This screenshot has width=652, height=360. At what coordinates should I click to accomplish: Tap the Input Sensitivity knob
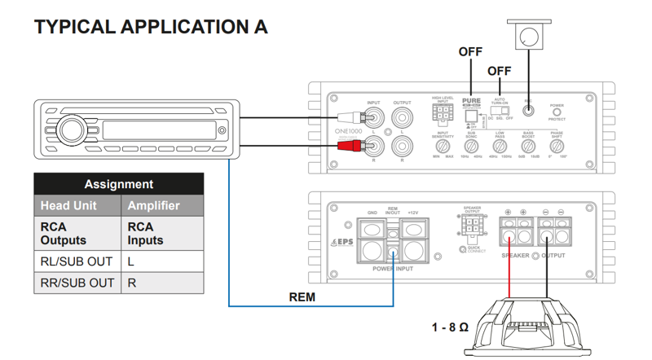click(x=443, y=147)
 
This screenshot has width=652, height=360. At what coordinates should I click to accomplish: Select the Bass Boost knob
click(x=529, y=147)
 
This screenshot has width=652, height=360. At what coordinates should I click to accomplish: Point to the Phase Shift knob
click(x=557, y=147)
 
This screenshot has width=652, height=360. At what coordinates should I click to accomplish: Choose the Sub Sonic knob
click(x=471, y=147)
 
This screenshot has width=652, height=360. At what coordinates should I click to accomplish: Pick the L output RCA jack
click(x=402, y=117)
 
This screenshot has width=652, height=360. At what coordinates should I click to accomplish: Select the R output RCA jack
click(x=402, y=147)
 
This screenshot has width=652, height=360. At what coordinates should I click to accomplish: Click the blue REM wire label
click(x=302, y=298)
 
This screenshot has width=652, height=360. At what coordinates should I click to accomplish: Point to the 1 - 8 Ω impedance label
click(x=450, y=327)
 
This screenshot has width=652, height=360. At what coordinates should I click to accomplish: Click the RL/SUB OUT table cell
click(x=77, y=261)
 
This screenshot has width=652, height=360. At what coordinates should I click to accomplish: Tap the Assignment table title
click(x=118, y=184)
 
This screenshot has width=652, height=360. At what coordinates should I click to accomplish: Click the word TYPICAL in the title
click(x=75, y=26)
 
